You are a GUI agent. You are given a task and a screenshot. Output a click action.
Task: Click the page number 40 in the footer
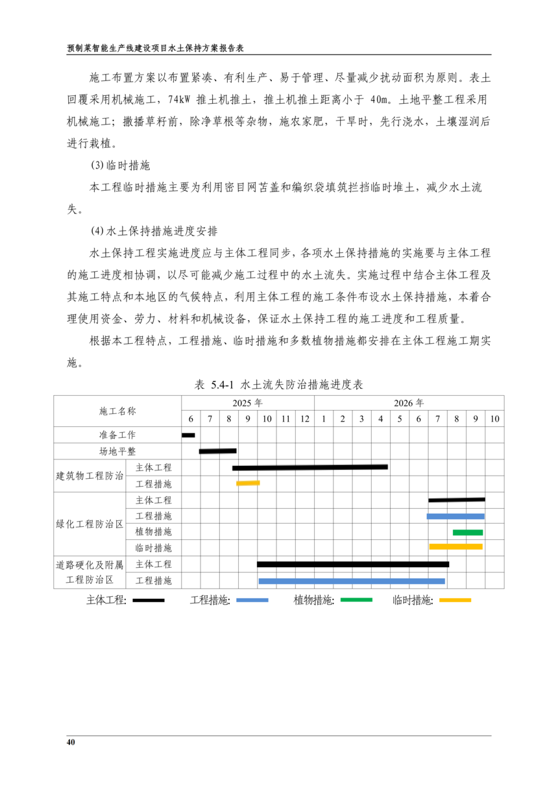pyautogui.click(x=71, y=742)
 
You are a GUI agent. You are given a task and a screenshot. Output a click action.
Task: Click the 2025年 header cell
pyautogui.click(x=247, y=402)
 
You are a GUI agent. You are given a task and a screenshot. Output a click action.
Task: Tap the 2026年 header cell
pyautogui.click(x=409, y=402)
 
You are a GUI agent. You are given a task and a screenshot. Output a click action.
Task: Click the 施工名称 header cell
pyautogui.click(x=117, y=411)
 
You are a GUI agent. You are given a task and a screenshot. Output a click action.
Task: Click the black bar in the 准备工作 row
pyautogui.click(x=188, y=435)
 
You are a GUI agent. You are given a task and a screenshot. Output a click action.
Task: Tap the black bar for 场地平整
pyautogui.click(x=217, y=451)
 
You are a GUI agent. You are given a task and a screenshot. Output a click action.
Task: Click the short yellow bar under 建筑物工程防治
pyautogui.click(x=248, y=483)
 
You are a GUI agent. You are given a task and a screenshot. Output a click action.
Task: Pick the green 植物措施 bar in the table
pyautogui.click(x=468, y=533)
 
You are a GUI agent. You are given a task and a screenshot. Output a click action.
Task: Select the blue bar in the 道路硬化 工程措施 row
pyautogui.click(x=352, y=581)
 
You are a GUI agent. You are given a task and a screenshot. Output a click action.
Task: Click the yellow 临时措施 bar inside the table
pyautogui.click(x=455, y=547)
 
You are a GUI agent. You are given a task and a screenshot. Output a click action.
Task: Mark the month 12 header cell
pyautogui.click(x=304, y=419)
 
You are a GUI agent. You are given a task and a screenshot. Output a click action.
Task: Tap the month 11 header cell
pyautogui.click(x=285, y=419)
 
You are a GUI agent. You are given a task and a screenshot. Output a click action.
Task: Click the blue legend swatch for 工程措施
pyautogui.click(x=252, y=600)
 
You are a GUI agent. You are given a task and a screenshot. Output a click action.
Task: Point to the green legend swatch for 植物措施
pyautogui.click(x=356, y=600)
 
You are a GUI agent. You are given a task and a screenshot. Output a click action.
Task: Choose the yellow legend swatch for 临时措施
pyautogui.click(x=455, y=600)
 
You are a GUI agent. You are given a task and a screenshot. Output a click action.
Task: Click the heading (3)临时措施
pyautogui.click(x=120, y=167)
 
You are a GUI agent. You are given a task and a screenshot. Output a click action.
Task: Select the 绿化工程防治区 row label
pyautogui.click(x=89, y=524)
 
